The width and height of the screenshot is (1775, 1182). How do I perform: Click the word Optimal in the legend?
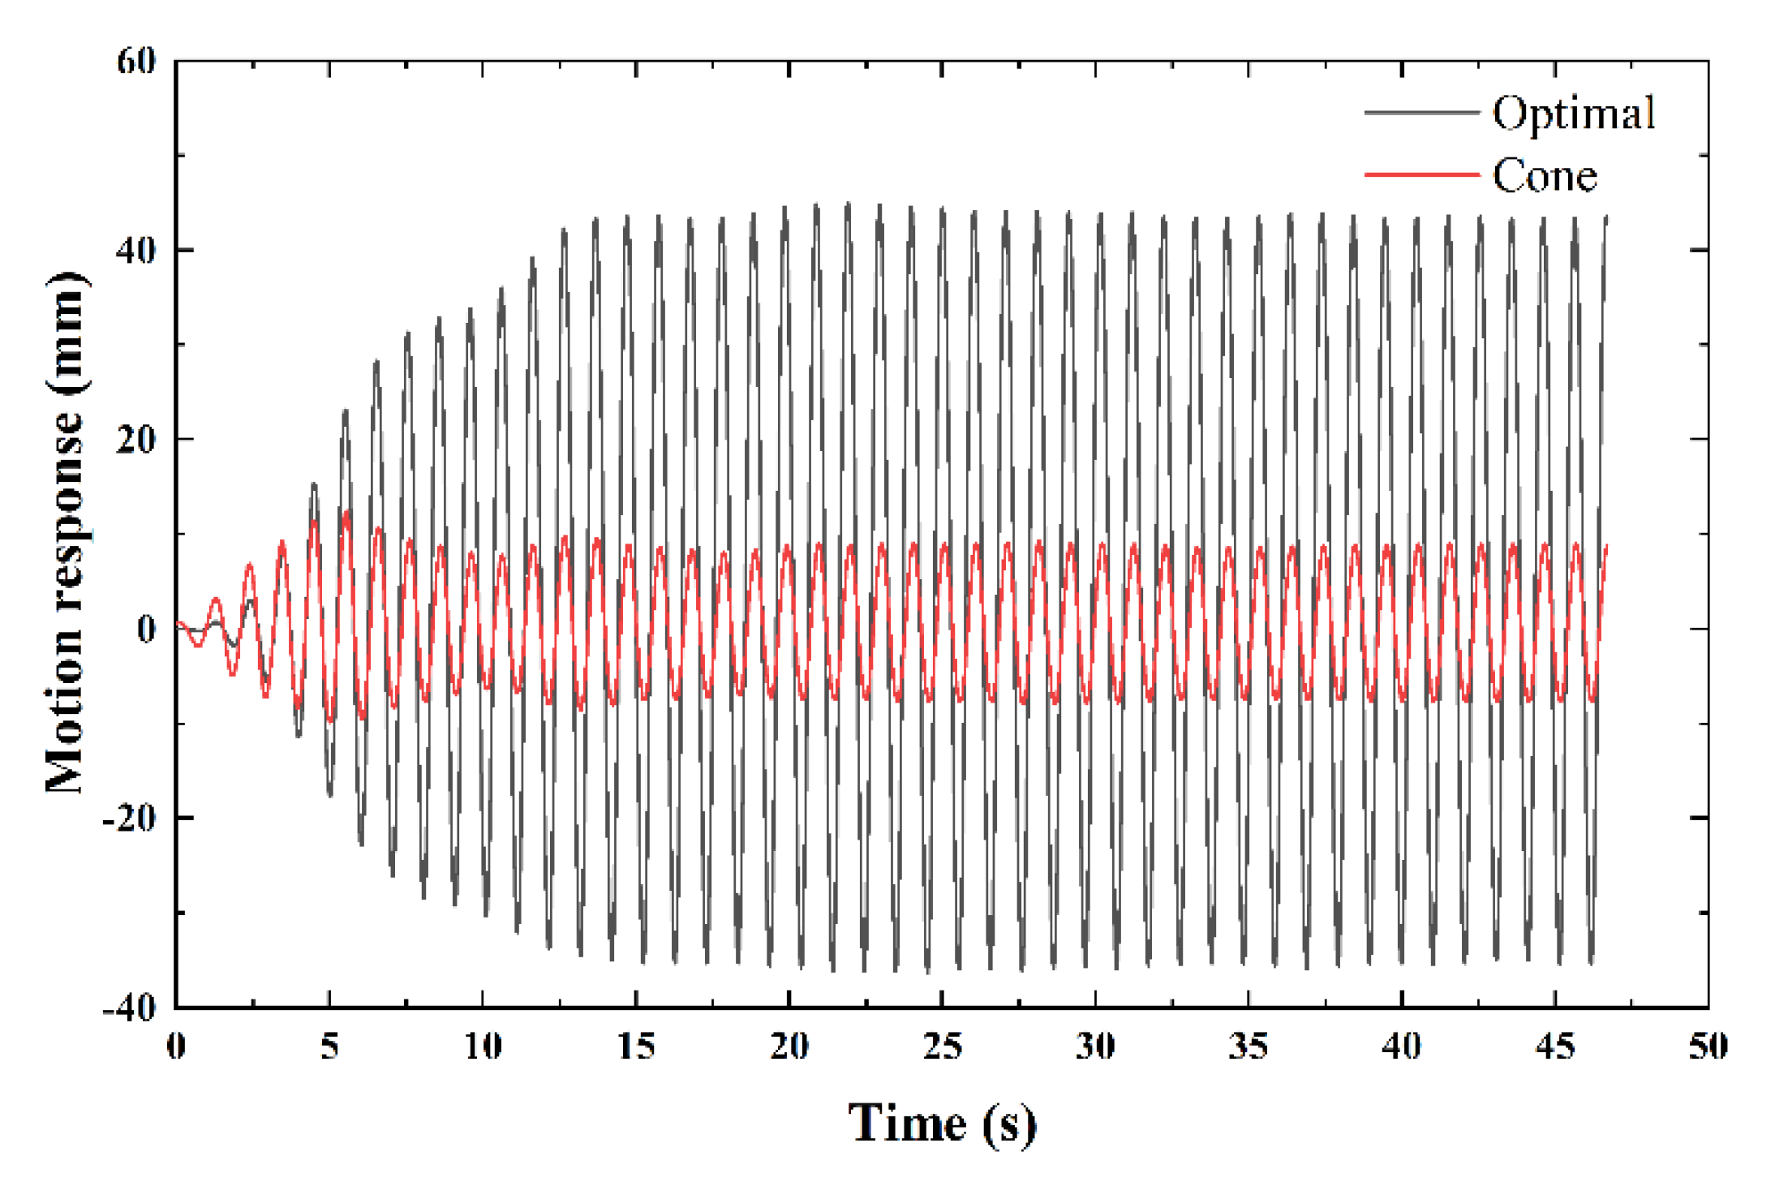click(1573, 114)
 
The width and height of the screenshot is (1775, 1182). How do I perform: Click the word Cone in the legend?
click(1545, 176)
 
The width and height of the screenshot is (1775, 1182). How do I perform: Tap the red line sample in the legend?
click(1421, 174)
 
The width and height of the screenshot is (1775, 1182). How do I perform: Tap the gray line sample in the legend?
click(1421, 113)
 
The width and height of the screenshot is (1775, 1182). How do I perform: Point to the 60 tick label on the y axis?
click(135, 62)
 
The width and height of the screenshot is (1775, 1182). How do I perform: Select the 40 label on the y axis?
click(135, 251)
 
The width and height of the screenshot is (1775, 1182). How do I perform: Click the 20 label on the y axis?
click(135, 440)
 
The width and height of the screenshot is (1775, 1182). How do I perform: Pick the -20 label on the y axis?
click(129, 819)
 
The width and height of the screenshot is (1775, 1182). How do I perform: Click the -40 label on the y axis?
click(129, 1008)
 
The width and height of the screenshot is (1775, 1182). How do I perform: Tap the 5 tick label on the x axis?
click(329, 1047)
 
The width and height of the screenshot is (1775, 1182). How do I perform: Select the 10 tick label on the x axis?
click(483, 1047)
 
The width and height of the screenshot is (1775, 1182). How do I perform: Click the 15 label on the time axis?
click(636, 1047)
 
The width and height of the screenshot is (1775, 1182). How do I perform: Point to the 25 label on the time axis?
click(942, 1047)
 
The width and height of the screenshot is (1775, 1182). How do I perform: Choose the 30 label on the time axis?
click(1095, 1047)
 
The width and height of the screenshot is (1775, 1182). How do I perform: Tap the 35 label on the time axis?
click(1249, 1047)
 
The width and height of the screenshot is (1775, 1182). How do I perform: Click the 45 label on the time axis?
click(1555, 1047)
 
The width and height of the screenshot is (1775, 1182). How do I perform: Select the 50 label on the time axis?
click(1708, 1047)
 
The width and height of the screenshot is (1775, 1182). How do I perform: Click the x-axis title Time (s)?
click(942, 1124)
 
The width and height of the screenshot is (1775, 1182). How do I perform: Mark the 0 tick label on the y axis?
click(147, 630)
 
